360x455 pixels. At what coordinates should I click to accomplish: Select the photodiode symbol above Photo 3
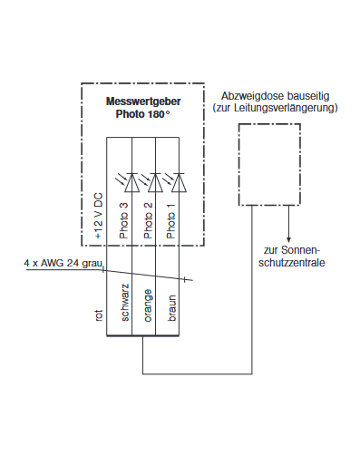click(131, 183)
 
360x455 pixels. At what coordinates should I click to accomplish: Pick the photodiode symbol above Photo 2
click(155, 183)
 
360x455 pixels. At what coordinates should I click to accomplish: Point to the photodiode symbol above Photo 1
click(178, 183)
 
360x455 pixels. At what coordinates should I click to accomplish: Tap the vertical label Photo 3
click(123, 220)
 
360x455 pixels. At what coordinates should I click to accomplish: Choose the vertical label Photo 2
click(147, 220)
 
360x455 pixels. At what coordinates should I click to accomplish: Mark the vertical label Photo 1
click(170, 220)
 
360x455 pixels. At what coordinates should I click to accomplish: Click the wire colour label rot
click(99, 315)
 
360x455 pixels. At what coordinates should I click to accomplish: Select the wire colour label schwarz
click(124, 304)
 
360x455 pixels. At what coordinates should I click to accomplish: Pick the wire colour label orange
click(147, 306)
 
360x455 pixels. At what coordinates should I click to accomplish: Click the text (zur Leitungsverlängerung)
click(275, 109)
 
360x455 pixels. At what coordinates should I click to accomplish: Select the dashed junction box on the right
click(268, 165)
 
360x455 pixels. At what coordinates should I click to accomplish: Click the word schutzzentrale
click(289, 262)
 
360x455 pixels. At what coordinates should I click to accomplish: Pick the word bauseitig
click(306, 95)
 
